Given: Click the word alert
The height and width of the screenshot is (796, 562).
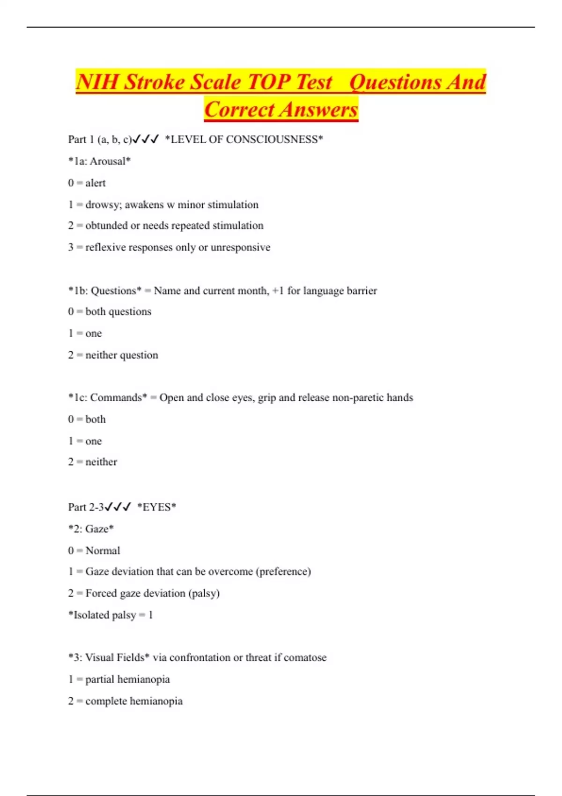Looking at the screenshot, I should [96, 183].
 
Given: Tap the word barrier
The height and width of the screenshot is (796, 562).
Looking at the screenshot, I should [362, 291].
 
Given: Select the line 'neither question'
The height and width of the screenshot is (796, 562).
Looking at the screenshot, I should [122, 355].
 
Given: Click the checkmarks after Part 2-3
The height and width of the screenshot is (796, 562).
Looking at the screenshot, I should [118, 507].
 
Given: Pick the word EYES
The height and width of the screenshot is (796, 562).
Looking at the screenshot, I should [156, 507].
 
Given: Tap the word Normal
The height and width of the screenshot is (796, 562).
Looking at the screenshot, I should [103, 551].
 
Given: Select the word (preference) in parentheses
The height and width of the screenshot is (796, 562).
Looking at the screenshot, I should [283, 572].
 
